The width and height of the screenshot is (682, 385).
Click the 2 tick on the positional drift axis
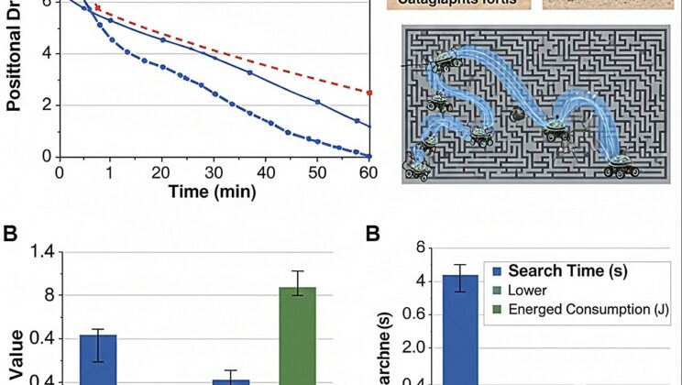[49, 104]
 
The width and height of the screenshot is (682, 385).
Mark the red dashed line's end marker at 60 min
[369, 93]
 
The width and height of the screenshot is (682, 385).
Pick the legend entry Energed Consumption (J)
[587, 311]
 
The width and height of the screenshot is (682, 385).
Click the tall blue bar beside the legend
[460, 330]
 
